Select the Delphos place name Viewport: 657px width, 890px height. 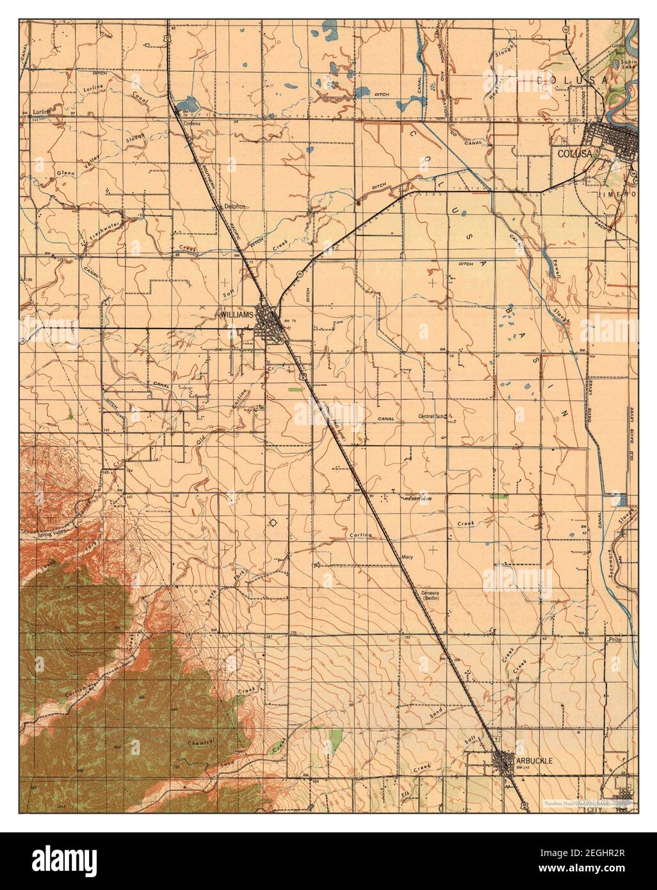[x=236, y=207]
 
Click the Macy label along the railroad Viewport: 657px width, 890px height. [x=406, y=558]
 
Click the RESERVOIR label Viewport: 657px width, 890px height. [x=419, y=498]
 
